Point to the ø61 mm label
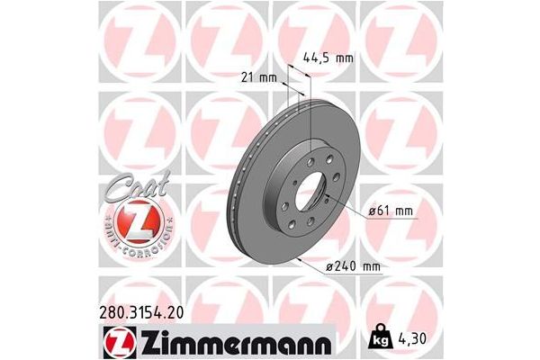(389, 211)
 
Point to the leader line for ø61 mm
(346, 205)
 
